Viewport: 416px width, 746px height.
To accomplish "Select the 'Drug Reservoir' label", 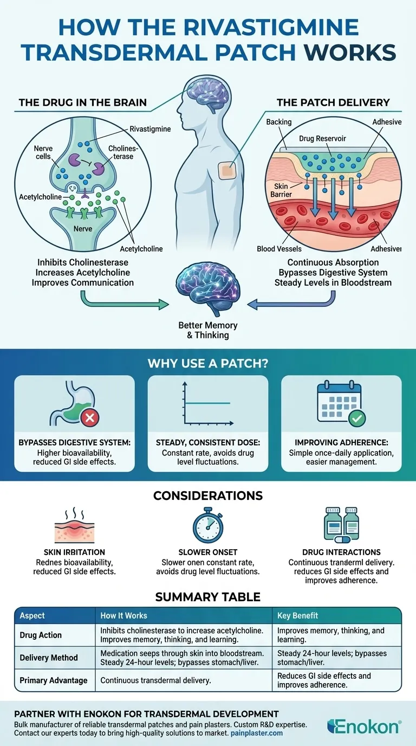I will [x=322, y=139].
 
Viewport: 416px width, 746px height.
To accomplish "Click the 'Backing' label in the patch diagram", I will [x=279, y=123].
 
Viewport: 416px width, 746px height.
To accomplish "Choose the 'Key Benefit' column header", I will [x=297, y=616].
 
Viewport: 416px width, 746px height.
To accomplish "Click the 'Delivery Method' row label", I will [x=49, y=658].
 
